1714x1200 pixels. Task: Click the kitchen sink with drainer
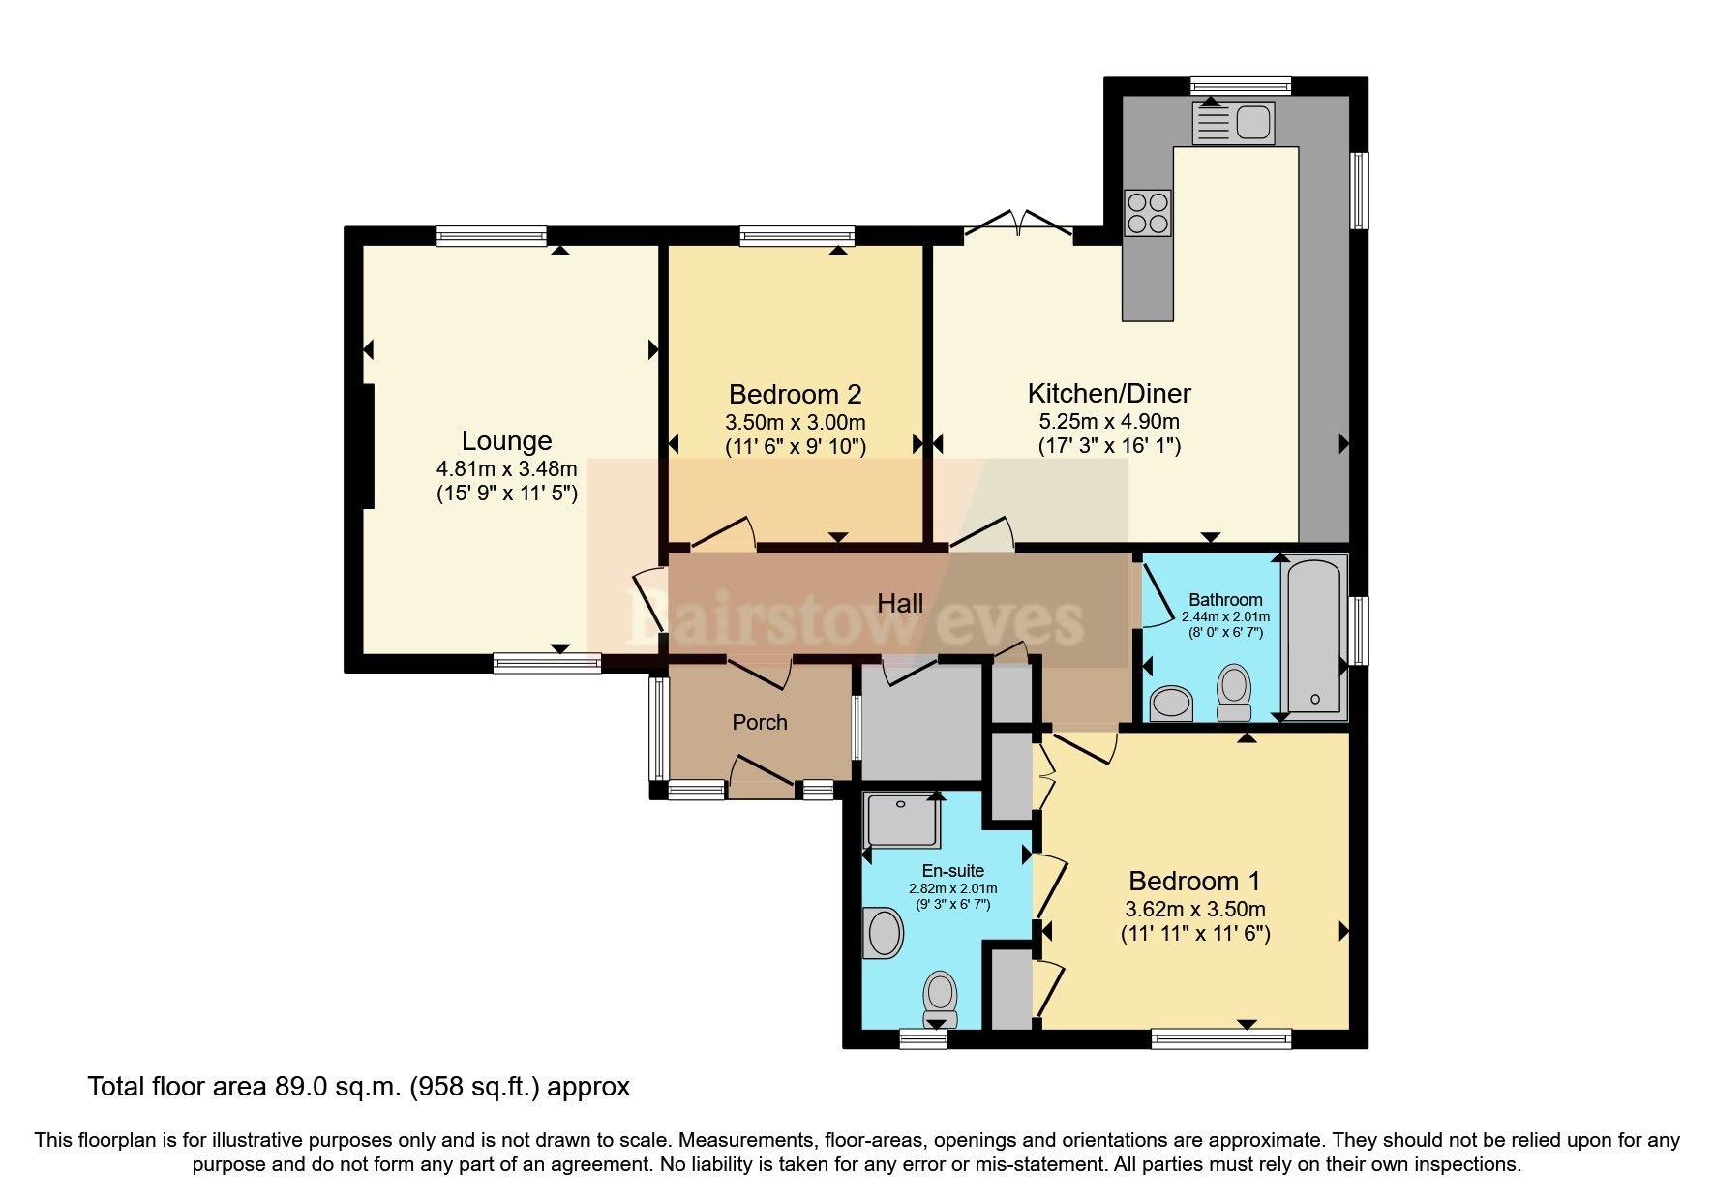[x=1233, y=123]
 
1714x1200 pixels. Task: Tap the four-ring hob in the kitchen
[x=1148, y=213]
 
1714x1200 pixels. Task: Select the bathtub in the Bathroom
[x=1314, y=637]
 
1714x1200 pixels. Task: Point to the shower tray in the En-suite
[x=902, y=820]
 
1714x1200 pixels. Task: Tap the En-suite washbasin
[x=884, y=933]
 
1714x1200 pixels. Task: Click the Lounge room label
[x=506, y=441]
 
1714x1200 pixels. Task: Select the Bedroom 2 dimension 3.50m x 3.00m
[x=795, y=422]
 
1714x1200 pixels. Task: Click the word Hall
[x=900, y=604]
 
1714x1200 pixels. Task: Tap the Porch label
[x=760, y=722]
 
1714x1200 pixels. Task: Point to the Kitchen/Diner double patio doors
[x=1018, y=224]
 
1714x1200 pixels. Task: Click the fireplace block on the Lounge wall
[x=367, y=445]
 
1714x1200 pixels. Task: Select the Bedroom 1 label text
[x=1194, y=881]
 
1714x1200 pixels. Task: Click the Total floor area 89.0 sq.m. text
[x=358, y=1087]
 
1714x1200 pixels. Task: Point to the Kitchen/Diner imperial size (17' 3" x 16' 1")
[x=1109, y=446]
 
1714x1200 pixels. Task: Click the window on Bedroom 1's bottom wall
[x=1220, y=1038]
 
